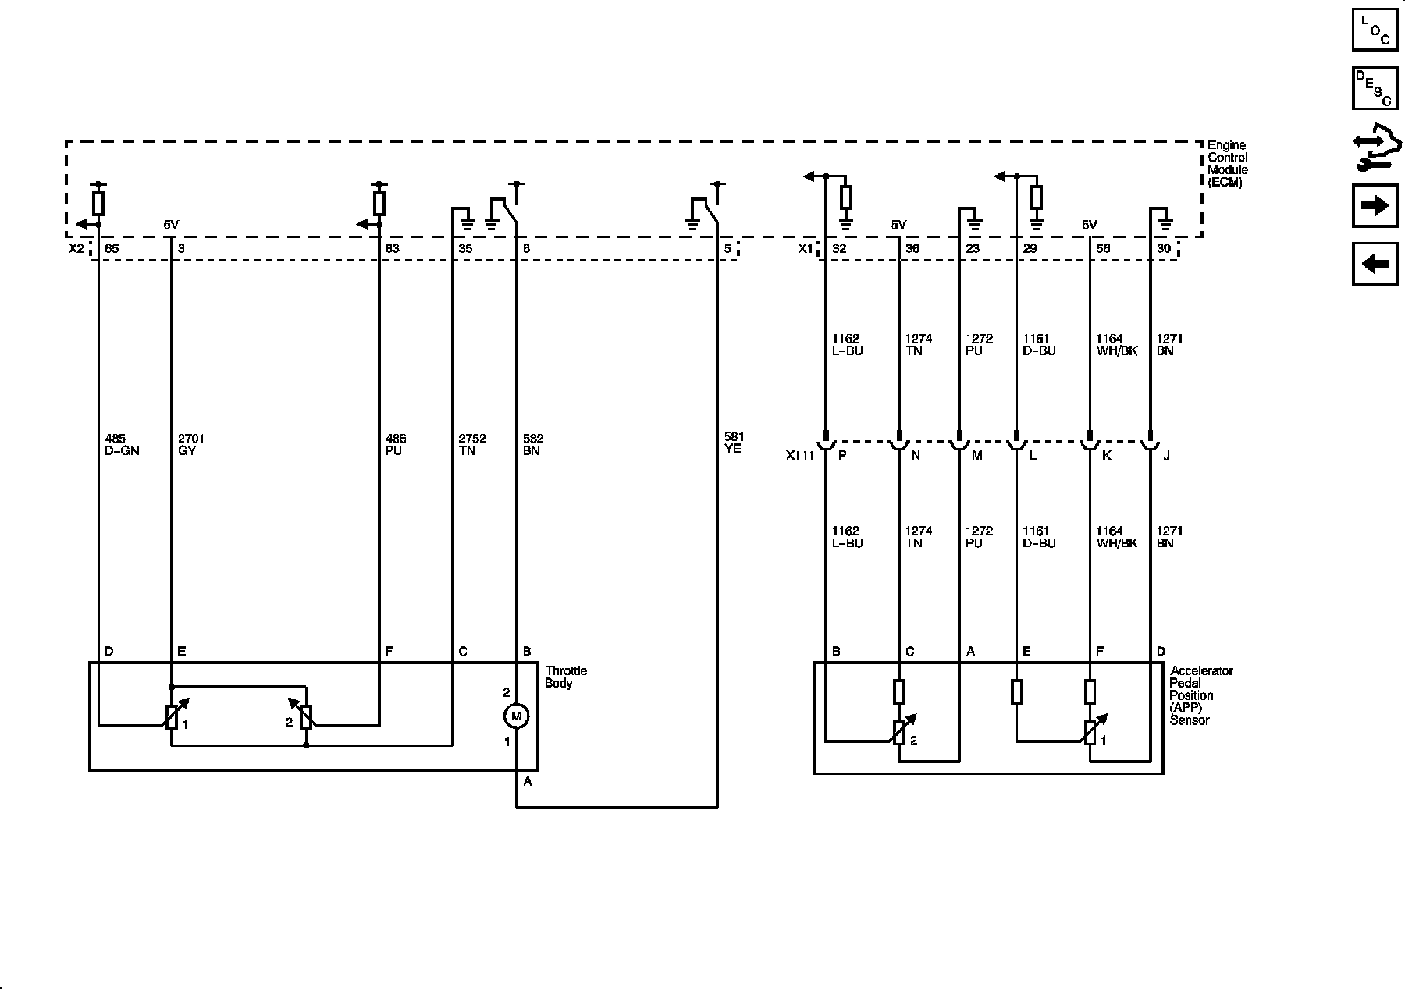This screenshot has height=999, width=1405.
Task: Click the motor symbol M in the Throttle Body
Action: click(x=516, y=716)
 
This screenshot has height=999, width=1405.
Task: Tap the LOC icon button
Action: click(x=1375, y=30)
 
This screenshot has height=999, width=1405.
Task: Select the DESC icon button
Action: click(x=1375, y=88)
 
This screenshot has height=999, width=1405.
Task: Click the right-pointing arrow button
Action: click(x=1375, y=206)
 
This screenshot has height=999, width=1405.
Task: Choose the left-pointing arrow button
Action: click(x=1375, y=264)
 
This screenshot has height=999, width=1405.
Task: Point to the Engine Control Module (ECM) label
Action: click(x=1227, y=164)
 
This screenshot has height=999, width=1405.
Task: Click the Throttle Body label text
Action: click(x=566, y=677)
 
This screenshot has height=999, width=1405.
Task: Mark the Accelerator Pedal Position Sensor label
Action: click(x=1201, y=695)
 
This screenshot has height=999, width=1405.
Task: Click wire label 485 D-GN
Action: click(x=121, y=445)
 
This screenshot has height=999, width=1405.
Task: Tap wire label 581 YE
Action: click(x=734, y=443)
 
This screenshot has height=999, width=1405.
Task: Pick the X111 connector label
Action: click(x=800, y=456)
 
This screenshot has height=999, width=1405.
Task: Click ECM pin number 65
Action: click(x=112, y=249)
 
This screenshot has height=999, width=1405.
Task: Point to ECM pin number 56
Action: click(x=1103, y=249)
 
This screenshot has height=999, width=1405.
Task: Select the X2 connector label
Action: click(x=76, y=249)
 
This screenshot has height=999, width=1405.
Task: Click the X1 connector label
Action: click(x=806, y=249)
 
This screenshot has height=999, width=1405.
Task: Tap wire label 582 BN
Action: click(x=533, y=445)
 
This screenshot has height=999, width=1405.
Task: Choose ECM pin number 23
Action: click(x=973, y=249)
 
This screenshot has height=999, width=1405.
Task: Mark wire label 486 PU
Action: click(x=396, y=445)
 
